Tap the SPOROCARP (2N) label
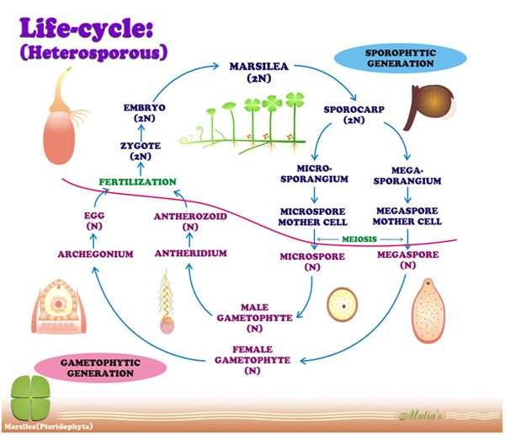pos(353,115)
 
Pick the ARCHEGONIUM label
pos(95,253)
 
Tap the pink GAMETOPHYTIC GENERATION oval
pos(88,367)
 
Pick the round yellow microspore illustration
pos(343,305)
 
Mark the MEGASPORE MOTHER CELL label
pos(407,216)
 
